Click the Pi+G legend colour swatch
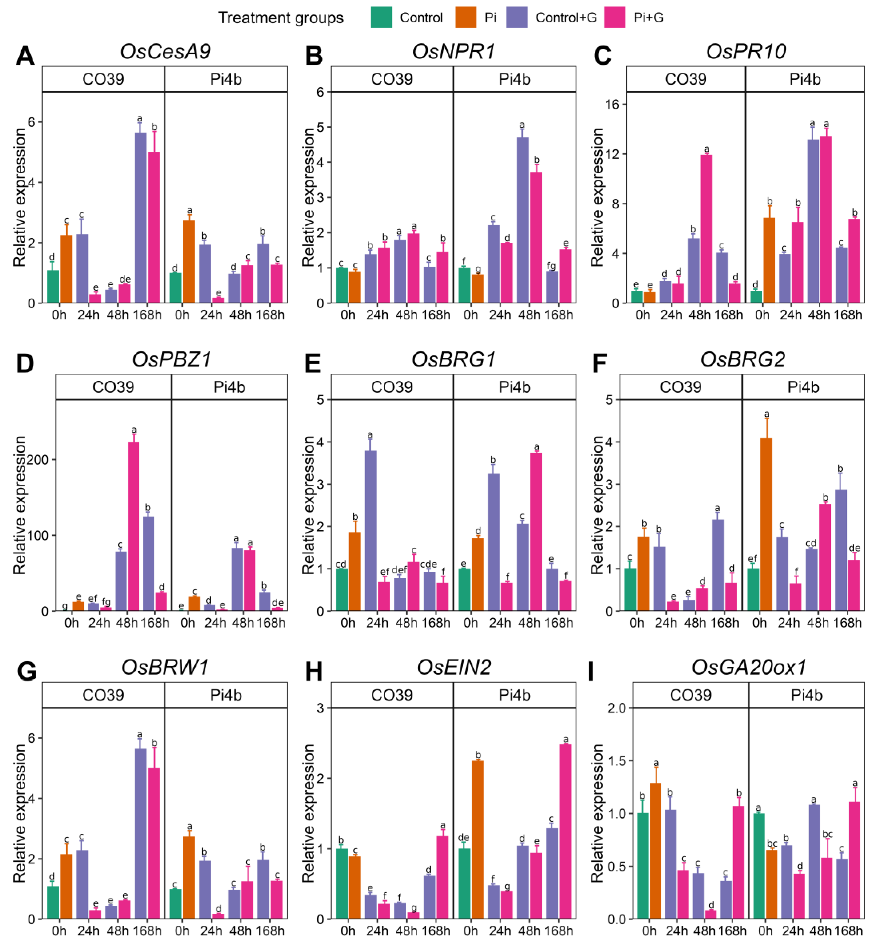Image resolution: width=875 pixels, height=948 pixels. point(615,18)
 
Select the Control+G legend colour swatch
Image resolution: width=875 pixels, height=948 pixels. point(517,18)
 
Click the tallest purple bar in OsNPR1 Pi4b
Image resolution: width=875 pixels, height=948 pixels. point(523,220)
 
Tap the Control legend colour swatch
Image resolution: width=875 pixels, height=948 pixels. point(381,18)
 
